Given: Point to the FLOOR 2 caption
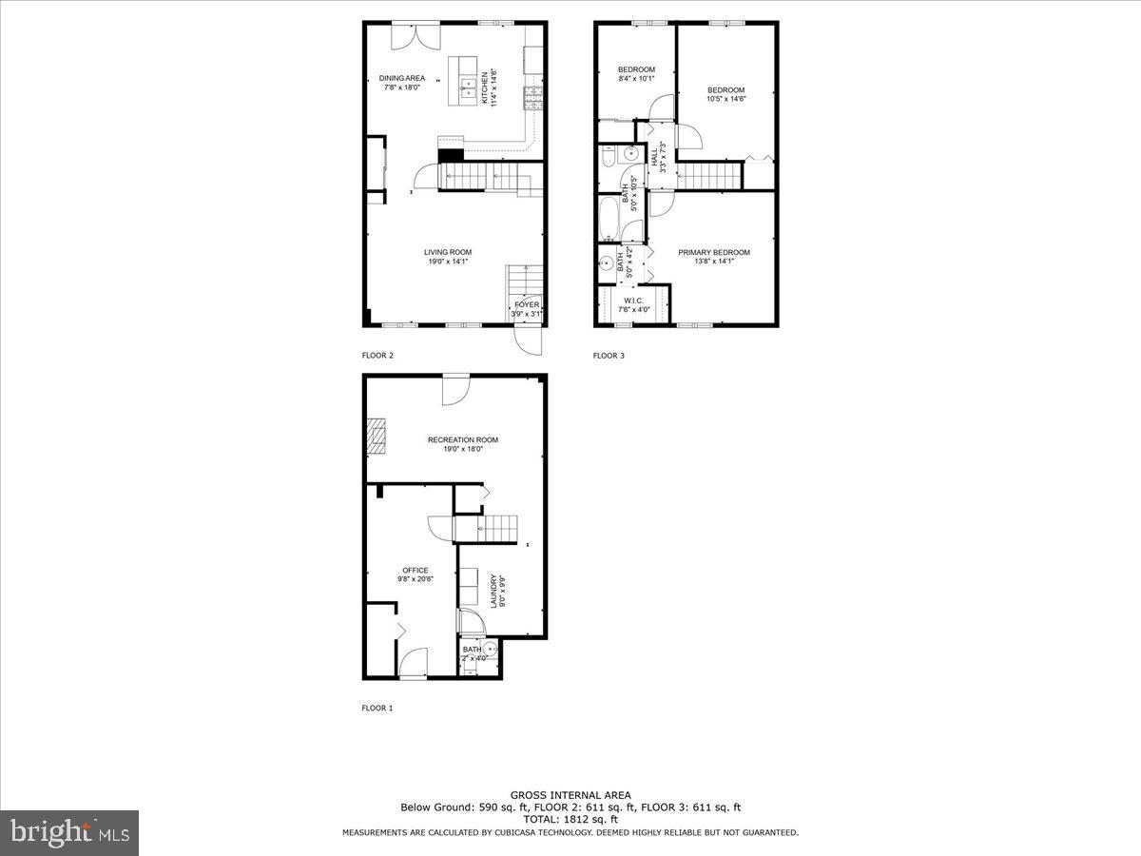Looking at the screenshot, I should pos(377,356).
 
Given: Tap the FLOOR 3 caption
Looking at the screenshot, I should pos(609,356).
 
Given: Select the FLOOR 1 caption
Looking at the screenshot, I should pos(377,708).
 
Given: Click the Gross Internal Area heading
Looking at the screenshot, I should pos(570,795).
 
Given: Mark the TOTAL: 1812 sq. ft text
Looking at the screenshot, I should pos(570,819).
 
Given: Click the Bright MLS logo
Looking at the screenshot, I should pos(69,833).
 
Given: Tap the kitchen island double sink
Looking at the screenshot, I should pos(469,89).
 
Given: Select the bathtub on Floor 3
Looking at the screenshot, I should pos(609,219).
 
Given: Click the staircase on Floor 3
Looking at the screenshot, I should pos(708,176).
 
